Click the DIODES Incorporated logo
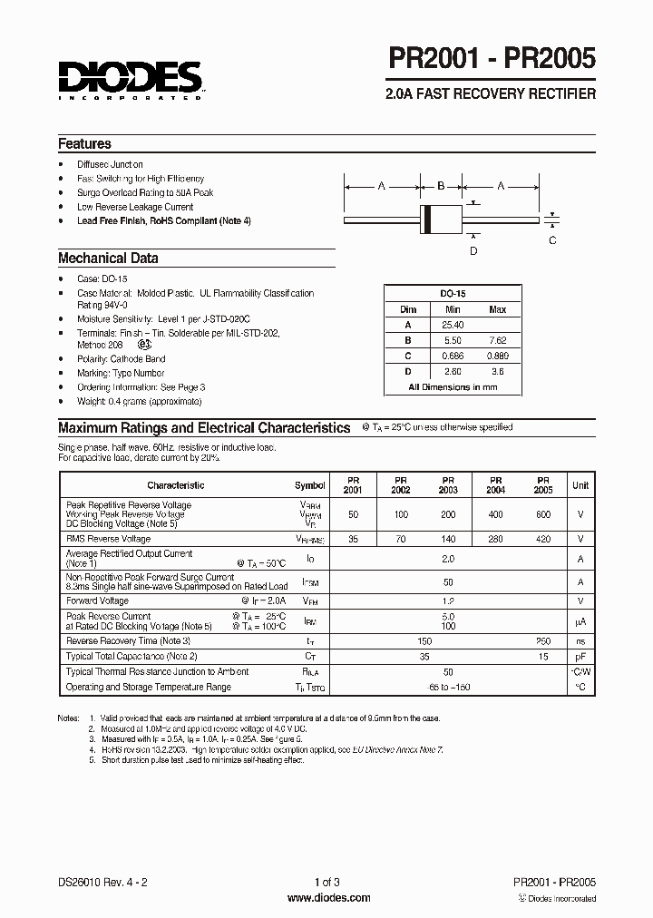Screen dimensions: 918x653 click(132, 81)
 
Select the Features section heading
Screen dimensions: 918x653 click(84, 144)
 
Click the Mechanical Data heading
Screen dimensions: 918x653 click(108, 259)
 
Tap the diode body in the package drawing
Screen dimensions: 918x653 click(441, 219)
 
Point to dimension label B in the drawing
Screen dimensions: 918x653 click(441, 186)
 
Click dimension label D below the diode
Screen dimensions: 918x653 click(473, 250)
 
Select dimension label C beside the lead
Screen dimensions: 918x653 click(552, 239)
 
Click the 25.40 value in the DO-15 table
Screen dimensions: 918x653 click(453, 325)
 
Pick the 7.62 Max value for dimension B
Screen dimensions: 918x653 click(497, 340)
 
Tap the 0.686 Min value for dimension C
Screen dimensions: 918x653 click(453, 356)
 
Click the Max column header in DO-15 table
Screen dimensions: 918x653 click(497, 309)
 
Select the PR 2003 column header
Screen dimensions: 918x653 click(448, 485)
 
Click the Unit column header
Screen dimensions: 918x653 click(580, 485)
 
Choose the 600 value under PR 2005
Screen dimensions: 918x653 click(543, 514)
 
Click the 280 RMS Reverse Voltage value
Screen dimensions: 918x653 click(495, 539)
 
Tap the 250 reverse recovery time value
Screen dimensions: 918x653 click(543, 640)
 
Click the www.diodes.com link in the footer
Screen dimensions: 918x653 click(327, 898)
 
